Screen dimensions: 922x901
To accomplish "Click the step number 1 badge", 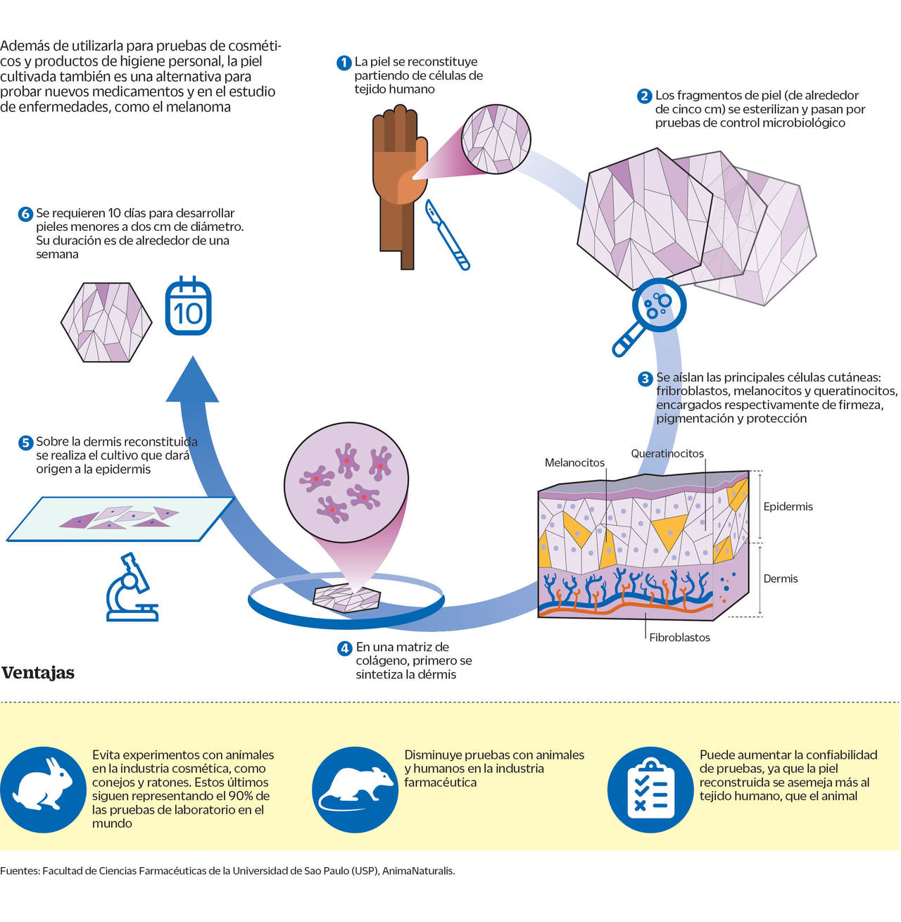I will [x=344, y=63].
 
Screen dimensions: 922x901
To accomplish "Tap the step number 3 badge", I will [x=645, y=379].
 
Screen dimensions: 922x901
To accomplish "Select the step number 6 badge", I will [x=25, y=214].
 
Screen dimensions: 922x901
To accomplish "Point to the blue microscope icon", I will [x=132, y=588].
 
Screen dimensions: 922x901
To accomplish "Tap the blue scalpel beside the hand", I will [x=447, y=234].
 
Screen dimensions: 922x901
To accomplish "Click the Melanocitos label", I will [x=574, y=463].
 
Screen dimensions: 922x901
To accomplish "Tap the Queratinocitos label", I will [x=667, y=454].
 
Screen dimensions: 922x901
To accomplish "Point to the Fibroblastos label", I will [x=679, y=638].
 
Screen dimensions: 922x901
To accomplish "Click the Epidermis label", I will [x=788, y=507].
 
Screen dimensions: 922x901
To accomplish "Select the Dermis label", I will [x=781, y=579].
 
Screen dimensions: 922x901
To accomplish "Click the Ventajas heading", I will [x=38, y=673].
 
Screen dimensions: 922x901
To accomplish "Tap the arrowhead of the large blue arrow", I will [x=192, y=380].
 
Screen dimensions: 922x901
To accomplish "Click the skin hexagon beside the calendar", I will [x=106, y=322].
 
